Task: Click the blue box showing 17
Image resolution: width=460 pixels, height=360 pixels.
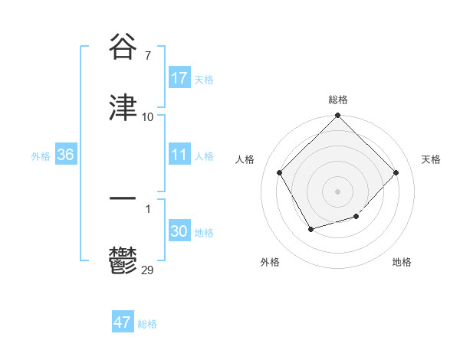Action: (179, 78)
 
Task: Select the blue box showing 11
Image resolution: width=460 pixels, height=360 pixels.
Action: (179, 155)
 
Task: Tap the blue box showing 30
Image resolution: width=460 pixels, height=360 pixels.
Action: (179, 231)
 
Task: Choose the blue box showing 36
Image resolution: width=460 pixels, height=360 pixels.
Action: (66, 155)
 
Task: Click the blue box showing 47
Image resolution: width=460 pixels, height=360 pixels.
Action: (123, 322)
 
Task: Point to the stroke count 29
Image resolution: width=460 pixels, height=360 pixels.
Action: (148, 270)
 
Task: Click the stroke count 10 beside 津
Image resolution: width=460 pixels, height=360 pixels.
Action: (148, 117)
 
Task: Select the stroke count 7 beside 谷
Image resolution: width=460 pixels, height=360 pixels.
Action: (148, 57)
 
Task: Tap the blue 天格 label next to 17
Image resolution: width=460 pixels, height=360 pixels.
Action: (204, 79)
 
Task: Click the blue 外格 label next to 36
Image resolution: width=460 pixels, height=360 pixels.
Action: (41, 155)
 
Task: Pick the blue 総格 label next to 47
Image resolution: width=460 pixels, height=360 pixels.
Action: (147, 324)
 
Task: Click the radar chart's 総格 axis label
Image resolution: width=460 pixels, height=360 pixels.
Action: (338, 100)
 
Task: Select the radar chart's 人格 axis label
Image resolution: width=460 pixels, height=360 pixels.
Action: (245, 159)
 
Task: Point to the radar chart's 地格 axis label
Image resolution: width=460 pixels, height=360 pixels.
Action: (402, 262)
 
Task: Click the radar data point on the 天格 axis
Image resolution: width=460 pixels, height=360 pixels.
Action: (396, 172)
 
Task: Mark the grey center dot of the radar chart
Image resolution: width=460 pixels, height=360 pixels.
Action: (338, 191)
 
